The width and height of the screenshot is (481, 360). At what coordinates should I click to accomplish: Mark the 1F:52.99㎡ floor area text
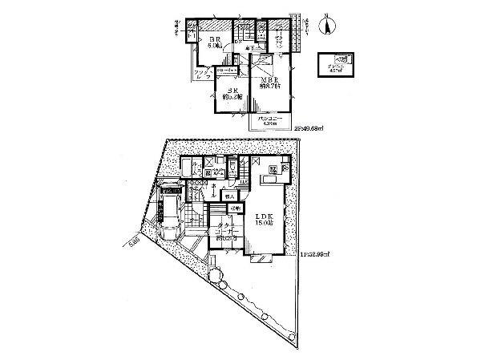tap(312, 255)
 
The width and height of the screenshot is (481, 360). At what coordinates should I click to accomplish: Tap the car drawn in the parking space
tap(169, 220)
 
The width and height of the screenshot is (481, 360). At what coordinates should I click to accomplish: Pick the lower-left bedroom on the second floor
tap(231, 96)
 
